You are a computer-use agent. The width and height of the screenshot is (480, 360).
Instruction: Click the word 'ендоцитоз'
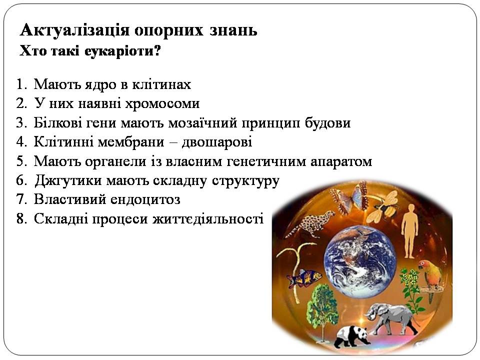coord(145,199)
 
